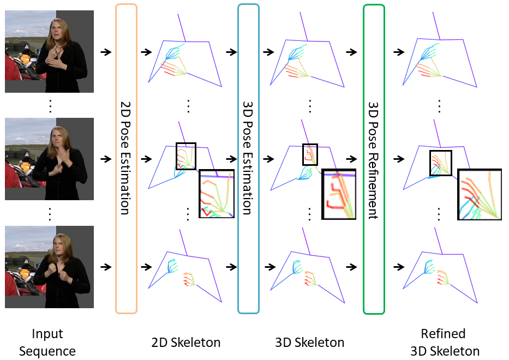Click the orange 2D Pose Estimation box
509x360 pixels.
click(x=126, y=158)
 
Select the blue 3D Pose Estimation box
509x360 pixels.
click(x=248, y=158)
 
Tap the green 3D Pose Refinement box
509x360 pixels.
click(x=374, y=158)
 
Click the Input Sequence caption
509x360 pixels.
click(x=47, y=343)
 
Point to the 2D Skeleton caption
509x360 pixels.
click(x=185, y=343)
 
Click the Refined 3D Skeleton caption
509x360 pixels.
click(x=442, y=343)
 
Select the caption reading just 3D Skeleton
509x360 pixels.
click(x=309, y=343)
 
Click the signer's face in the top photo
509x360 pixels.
click(x=58, y=30)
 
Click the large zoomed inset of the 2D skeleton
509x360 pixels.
click(x=217, y=194)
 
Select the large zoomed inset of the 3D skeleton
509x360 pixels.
click(x=339, y=194)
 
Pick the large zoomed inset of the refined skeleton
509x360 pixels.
click(x=480, y=194)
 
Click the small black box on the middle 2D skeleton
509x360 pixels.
click(x=185, y=156)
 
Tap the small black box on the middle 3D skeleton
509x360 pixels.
click(x=310, y=154)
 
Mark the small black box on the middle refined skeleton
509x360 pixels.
click(x=441, y=163)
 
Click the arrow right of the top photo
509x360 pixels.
click(x=106, y=52)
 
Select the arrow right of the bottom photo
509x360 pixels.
click(x=106, y=267)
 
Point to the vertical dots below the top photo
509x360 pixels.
click(x=49, y=105)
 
